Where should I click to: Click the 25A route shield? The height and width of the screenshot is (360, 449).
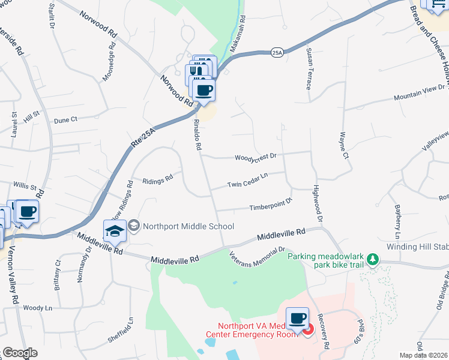tap(277, 53)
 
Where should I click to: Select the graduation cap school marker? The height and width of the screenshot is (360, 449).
tap(115, 230)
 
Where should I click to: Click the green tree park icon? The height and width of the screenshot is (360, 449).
tap(374, 259)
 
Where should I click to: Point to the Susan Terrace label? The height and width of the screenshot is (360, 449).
tap(309, 68)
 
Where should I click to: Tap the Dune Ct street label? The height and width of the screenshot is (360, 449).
tap(66, 120)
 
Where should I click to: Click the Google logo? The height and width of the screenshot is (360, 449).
tap(19, 353)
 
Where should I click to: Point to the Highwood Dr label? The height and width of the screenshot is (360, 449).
tap(318, 204)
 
